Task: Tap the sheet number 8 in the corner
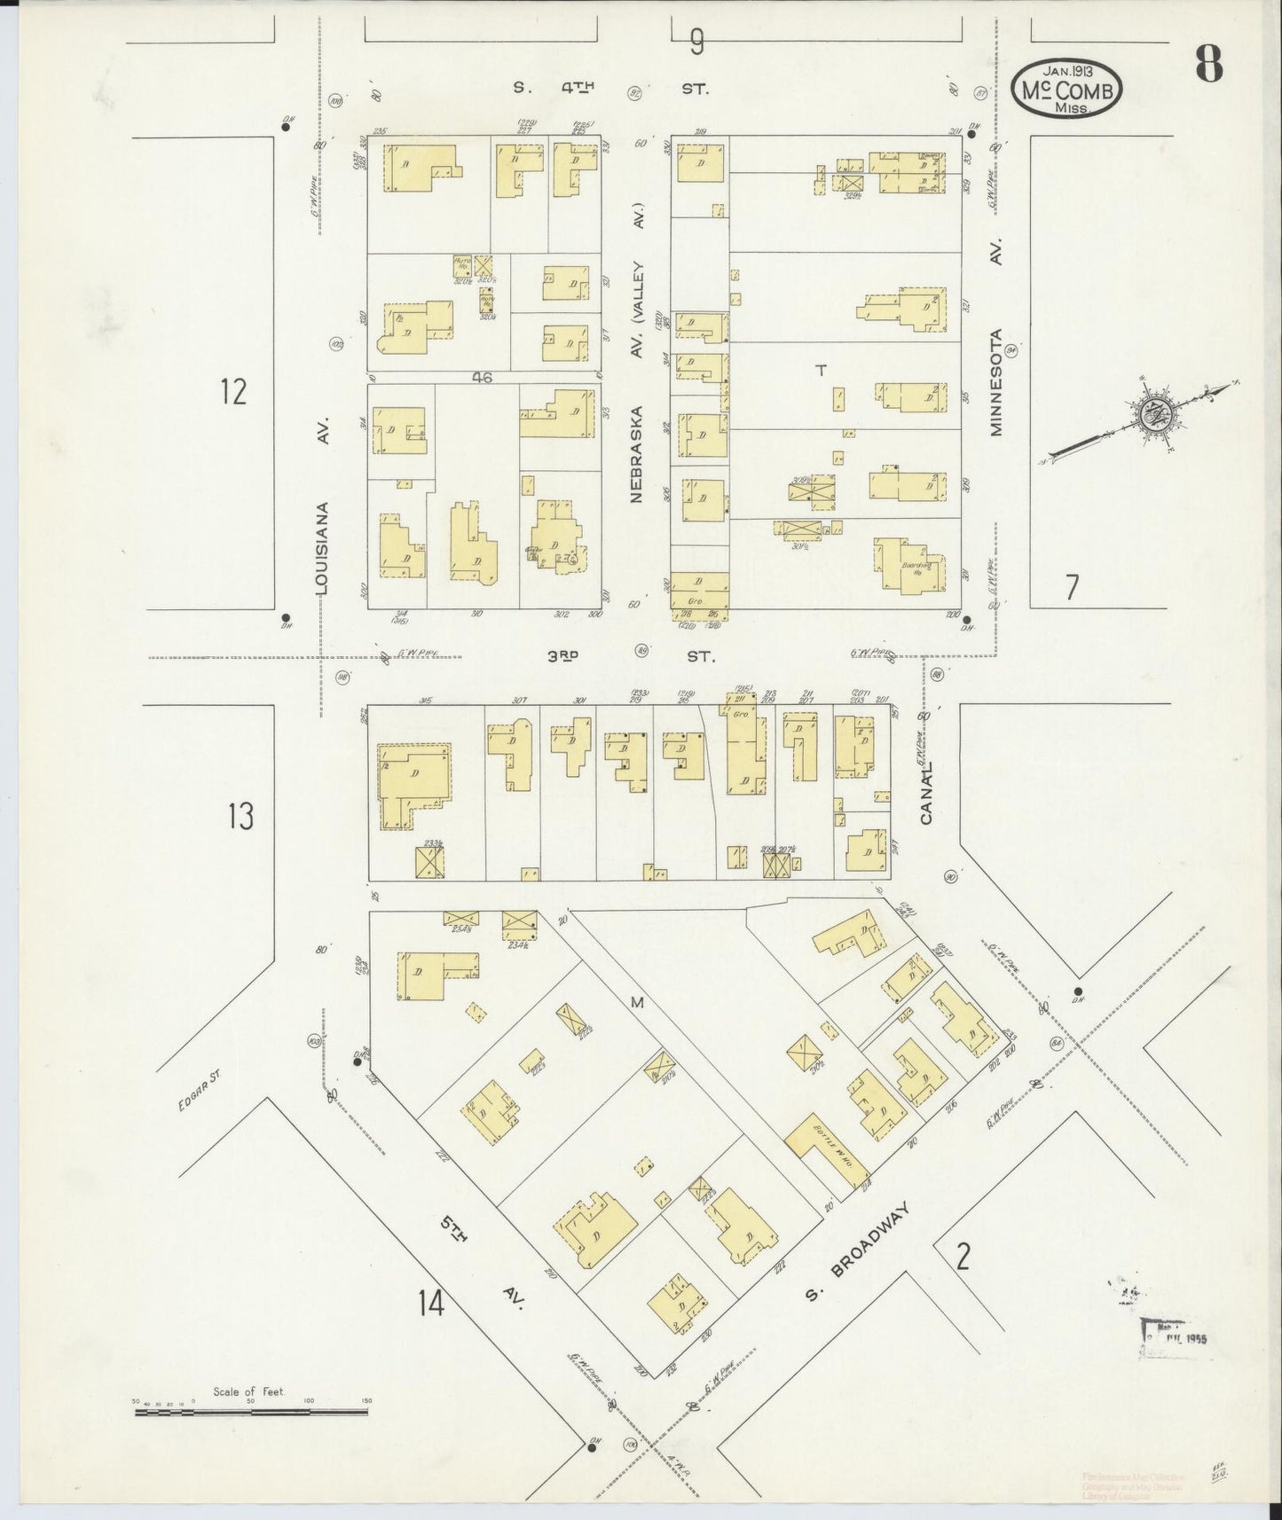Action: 1208,63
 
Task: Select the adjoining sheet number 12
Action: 233,391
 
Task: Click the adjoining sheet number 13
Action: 240,816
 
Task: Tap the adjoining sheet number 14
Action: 432,1304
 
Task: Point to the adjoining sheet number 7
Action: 1072,587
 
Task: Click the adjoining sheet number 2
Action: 963,1257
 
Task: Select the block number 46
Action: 482,377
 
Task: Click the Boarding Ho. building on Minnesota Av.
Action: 911,568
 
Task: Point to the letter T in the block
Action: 821,371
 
